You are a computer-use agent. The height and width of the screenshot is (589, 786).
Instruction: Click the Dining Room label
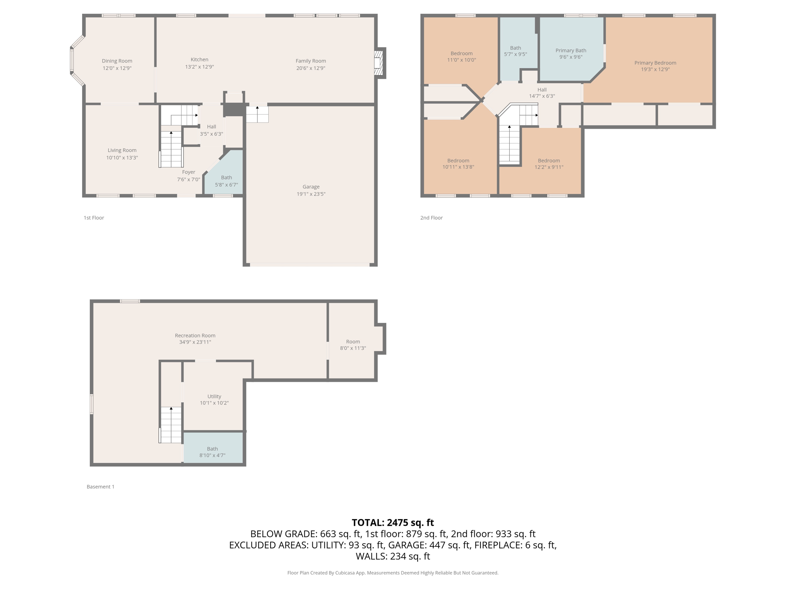point(117,61)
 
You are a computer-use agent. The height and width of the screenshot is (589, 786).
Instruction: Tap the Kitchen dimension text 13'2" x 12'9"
point(200,67)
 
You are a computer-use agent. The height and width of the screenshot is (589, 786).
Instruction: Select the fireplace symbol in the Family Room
point(379,63)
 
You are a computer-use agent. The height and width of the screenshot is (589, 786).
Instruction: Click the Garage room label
point(311,187)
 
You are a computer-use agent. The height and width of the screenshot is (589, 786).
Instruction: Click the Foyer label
point(188,172)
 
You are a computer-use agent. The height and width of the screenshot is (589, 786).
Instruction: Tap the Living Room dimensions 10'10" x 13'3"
point(122,158)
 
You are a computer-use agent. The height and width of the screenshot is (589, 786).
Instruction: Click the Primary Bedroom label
point(655,63)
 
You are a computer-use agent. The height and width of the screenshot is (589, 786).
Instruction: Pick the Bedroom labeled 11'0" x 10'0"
point(461,50)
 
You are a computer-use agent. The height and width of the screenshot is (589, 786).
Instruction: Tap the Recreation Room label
point(195,336)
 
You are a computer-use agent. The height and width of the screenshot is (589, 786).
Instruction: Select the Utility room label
point(214,397)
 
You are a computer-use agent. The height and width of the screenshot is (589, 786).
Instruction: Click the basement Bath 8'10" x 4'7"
point(213,448)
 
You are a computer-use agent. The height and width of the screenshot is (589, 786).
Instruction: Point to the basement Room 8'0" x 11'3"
point(353,341)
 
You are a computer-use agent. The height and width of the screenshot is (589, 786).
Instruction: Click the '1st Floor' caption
point(94,218)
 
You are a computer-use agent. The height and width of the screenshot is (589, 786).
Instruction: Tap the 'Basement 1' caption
point(101,487)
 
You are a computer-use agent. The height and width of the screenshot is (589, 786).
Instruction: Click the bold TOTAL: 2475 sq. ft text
point(393,523)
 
